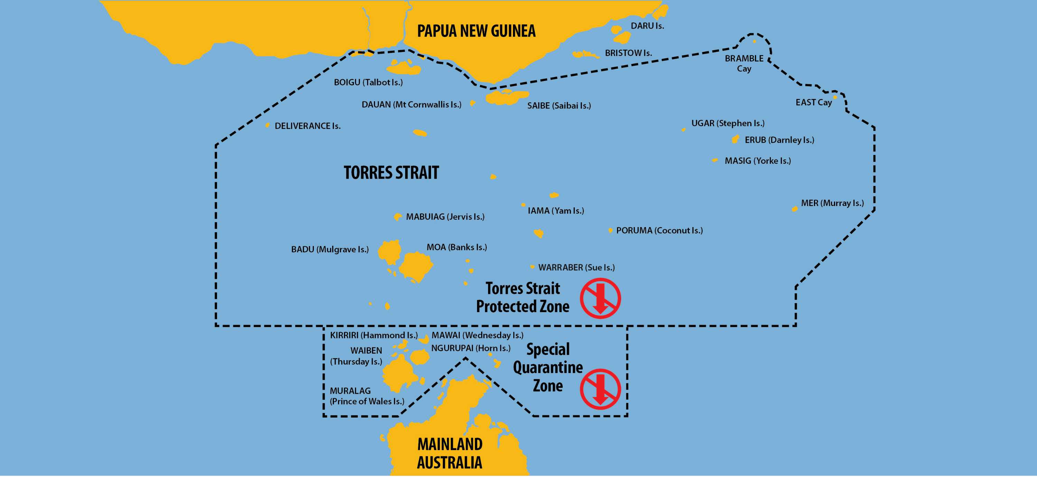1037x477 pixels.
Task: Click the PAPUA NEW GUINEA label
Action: click(476, 31)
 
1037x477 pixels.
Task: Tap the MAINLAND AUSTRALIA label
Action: click(450, 453)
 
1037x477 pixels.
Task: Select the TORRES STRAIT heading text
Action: click(391, 173)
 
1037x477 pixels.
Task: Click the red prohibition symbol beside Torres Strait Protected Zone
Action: click(600, 298)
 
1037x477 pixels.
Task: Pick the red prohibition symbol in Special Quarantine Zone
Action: click(600, 389)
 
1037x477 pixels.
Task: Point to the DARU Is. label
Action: click(647, 26)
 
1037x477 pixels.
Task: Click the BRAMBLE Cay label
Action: click(744, 63)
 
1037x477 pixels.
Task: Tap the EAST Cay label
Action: click(813, 102)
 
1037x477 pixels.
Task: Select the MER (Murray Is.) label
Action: click(832, 203)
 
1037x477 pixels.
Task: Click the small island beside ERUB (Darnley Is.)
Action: click(735, 139)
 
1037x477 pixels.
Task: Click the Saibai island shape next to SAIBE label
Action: click(506, 97)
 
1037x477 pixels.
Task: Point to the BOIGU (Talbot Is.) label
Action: click(368, 82)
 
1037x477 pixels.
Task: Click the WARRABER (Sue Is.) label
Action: click(576, 267)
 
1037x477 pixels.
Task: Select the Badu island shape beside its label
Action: click(390, 252)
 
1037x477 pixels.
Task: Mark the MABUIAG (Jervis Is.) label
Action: click(445, 217)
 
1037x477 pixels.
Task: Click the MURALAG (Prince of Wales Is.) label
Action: click(367, 396)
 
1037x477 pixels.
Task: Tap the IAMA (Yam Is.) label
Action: click(555, 211)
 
